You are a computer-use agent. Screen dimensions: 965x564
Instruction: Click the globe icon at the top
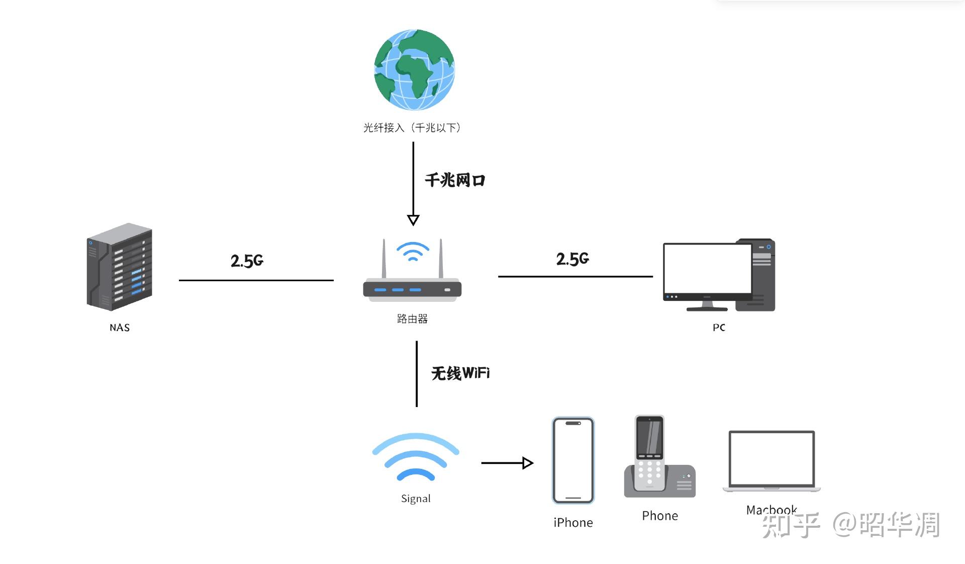(x=414, y=70)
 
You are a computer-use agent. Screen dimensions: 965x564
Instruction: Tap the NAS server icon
(x=120, y=267)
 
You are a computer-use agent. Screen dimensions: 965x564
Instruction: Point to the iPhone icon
(x=573, y=460)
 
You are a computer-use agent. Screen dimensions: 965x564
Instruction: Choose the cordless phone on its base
(x=659, y=456)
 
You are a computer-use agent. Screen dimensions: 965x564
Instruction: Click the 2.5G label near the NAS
(x=247, y=261)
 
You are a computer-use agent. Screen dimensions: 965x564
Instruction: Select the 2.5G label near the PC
(x=572, y=259)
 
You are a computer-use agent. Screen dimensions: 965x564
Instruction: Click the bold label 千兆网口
(x=455, y=180)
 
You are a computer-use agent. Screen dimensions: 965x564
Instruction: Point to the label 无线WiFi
(x=460, y=373)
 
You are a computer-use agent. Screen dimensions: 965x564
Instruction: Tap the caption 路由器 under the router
(x=412, y=319)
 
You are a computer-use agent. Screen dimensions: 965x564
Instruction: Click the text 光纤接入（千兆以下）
(x=412, y=128)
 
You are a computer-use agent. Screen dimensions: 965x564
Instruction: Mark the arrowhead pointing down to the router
(x=413, y=220)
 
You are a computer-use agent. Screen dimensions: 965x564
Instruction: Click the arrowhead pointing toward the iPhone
(x=528, y=463)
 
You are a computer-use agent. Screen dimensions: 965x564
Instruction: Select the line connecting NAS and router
(x=256, y=280)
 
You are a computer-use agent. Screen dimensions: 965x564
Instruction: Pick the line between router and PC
(x=575, y=276)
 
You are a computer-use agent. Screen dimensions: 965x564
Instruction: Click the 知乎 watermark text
(x=791, y=525)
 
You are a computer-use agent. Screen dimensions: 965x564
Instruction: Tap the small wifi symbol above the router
(x=413, y=252)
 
